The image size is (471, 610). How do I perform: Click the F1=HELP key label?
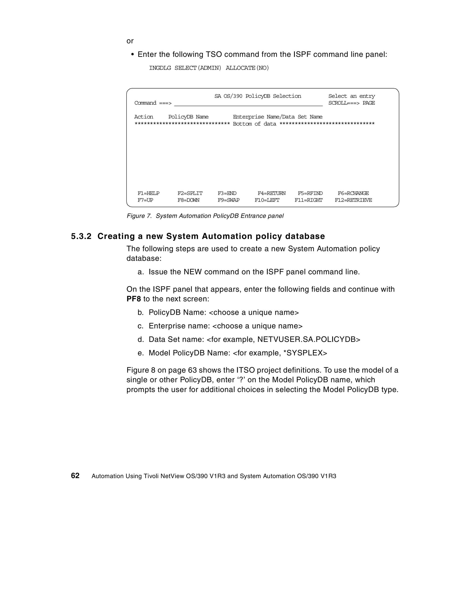[x=148, y=193]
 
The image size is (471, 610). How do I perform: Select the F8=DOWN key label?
[x=188, y=200]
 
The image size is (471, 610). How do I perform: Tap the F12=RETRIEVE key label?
[x=353, y=200]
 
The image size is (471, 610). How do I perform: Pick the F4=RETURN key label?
[x=271, y=193]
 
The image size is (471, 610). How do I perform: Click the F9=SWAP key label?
[x=228, y=200]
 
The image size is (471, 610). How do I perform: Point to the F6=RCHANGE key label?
[x=353, y=193]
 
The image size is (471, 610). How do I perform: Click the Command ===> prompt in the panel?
[x=153, y=103]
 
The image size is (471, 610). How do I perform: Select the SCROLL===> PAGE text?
[x=351, y=103]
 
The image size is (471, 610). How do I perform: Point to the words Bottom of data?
[x=254, y=124]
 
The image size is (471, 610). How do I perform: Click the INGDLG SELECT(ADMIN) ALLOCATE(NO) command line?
[x=209, y=68]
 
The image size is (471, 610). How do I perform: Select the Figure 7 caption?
[x=205, y=216]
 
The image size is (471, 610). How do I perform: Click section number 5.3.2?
[x=81, y=236]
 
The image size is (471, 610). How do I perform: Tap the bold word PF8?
[x=133, y=299]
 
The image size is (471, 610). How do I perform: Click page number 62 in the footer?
[x=75, y=476]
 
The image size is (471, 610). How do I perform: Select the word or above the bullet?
[x=130, y=41]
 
